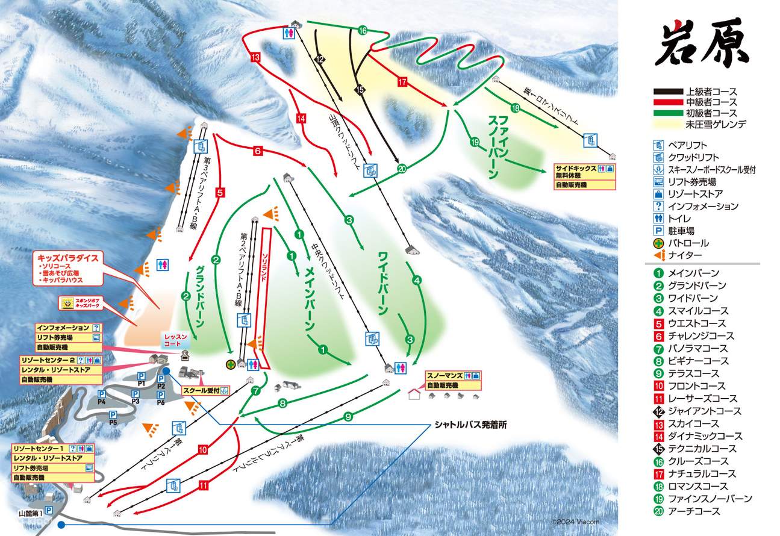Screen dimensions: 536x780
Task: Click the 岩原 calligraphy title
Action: pyautogui.click(x=702, y=43)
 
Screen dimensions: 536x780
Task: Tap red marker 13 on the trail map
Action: pyautogui.click(x=255, y=57)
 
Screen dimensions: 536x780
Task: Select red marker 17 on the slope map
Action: pyautogui.click(x=402, y=81)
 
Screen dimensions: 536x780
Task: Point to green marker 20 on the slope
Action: pyautogui.click(x=402, y=169)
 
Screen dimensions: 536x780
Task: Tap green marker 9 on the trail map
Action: pyautogui.click(x=348, y=416)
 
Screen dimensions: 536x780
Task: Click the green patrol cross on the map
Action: pyautogui.click(x=230, y=364)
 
